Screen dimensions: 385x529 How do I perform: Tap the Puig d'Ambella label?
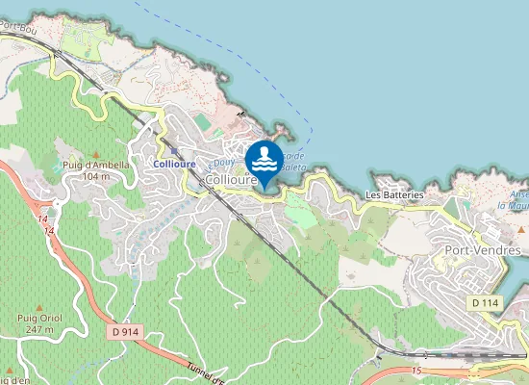[95, 166]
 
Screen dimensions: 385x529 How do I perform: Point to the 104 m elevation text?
[95, 177]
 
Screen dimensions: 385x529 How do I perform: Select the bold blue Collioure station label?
[174, 164]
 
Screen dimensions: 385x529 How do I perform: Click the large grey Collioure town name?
[231, 180]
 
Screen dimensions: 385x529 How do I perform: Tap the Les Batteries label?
[394, 194]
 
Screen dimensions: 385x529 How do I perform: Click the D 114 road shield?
[485, 302]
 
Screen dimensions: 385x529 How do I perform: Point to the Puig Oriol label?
[40, 317]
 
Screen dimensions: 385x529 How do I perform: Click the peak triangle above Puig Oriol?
[40, 304]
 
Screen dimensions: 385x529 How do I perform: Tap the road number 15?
[416, 369]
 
